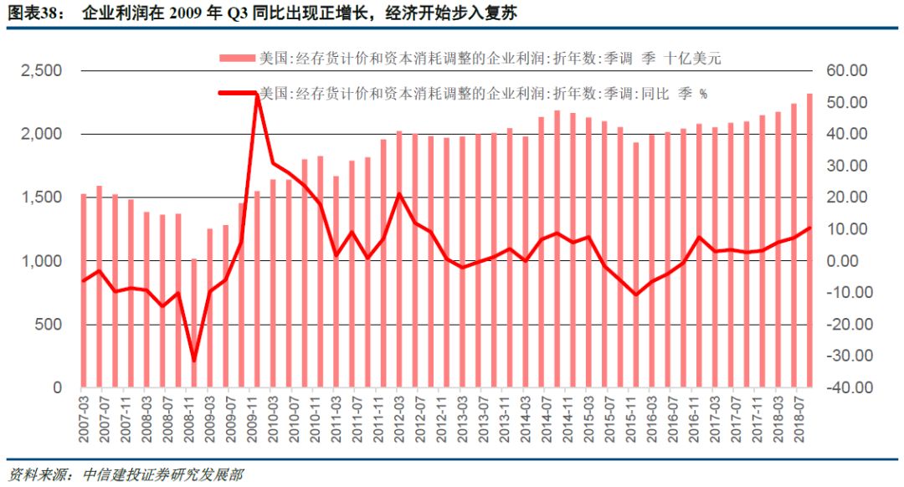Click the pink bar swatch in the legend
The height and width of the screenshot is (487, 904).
tap(237, 59)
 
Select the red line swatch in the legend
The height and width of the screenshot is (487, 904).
tap(237, 93)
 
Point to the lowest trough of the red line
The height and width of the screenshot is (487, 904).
tap(194, 361)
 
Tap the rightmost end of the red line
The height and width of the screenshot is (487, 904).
tap(809, 228)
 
